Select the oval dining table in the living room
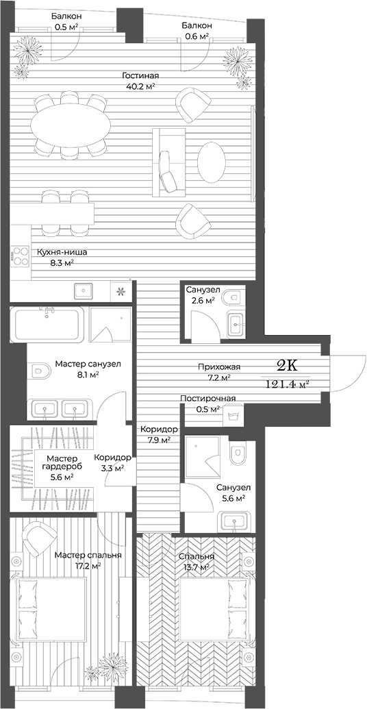tap(72, 125)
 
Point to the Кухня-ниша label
tap(62, 252)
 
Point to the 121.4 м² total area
tap(287, 384)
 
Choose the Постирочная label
tap(208, 399)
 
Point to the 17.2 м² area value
tap(88, 566)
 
